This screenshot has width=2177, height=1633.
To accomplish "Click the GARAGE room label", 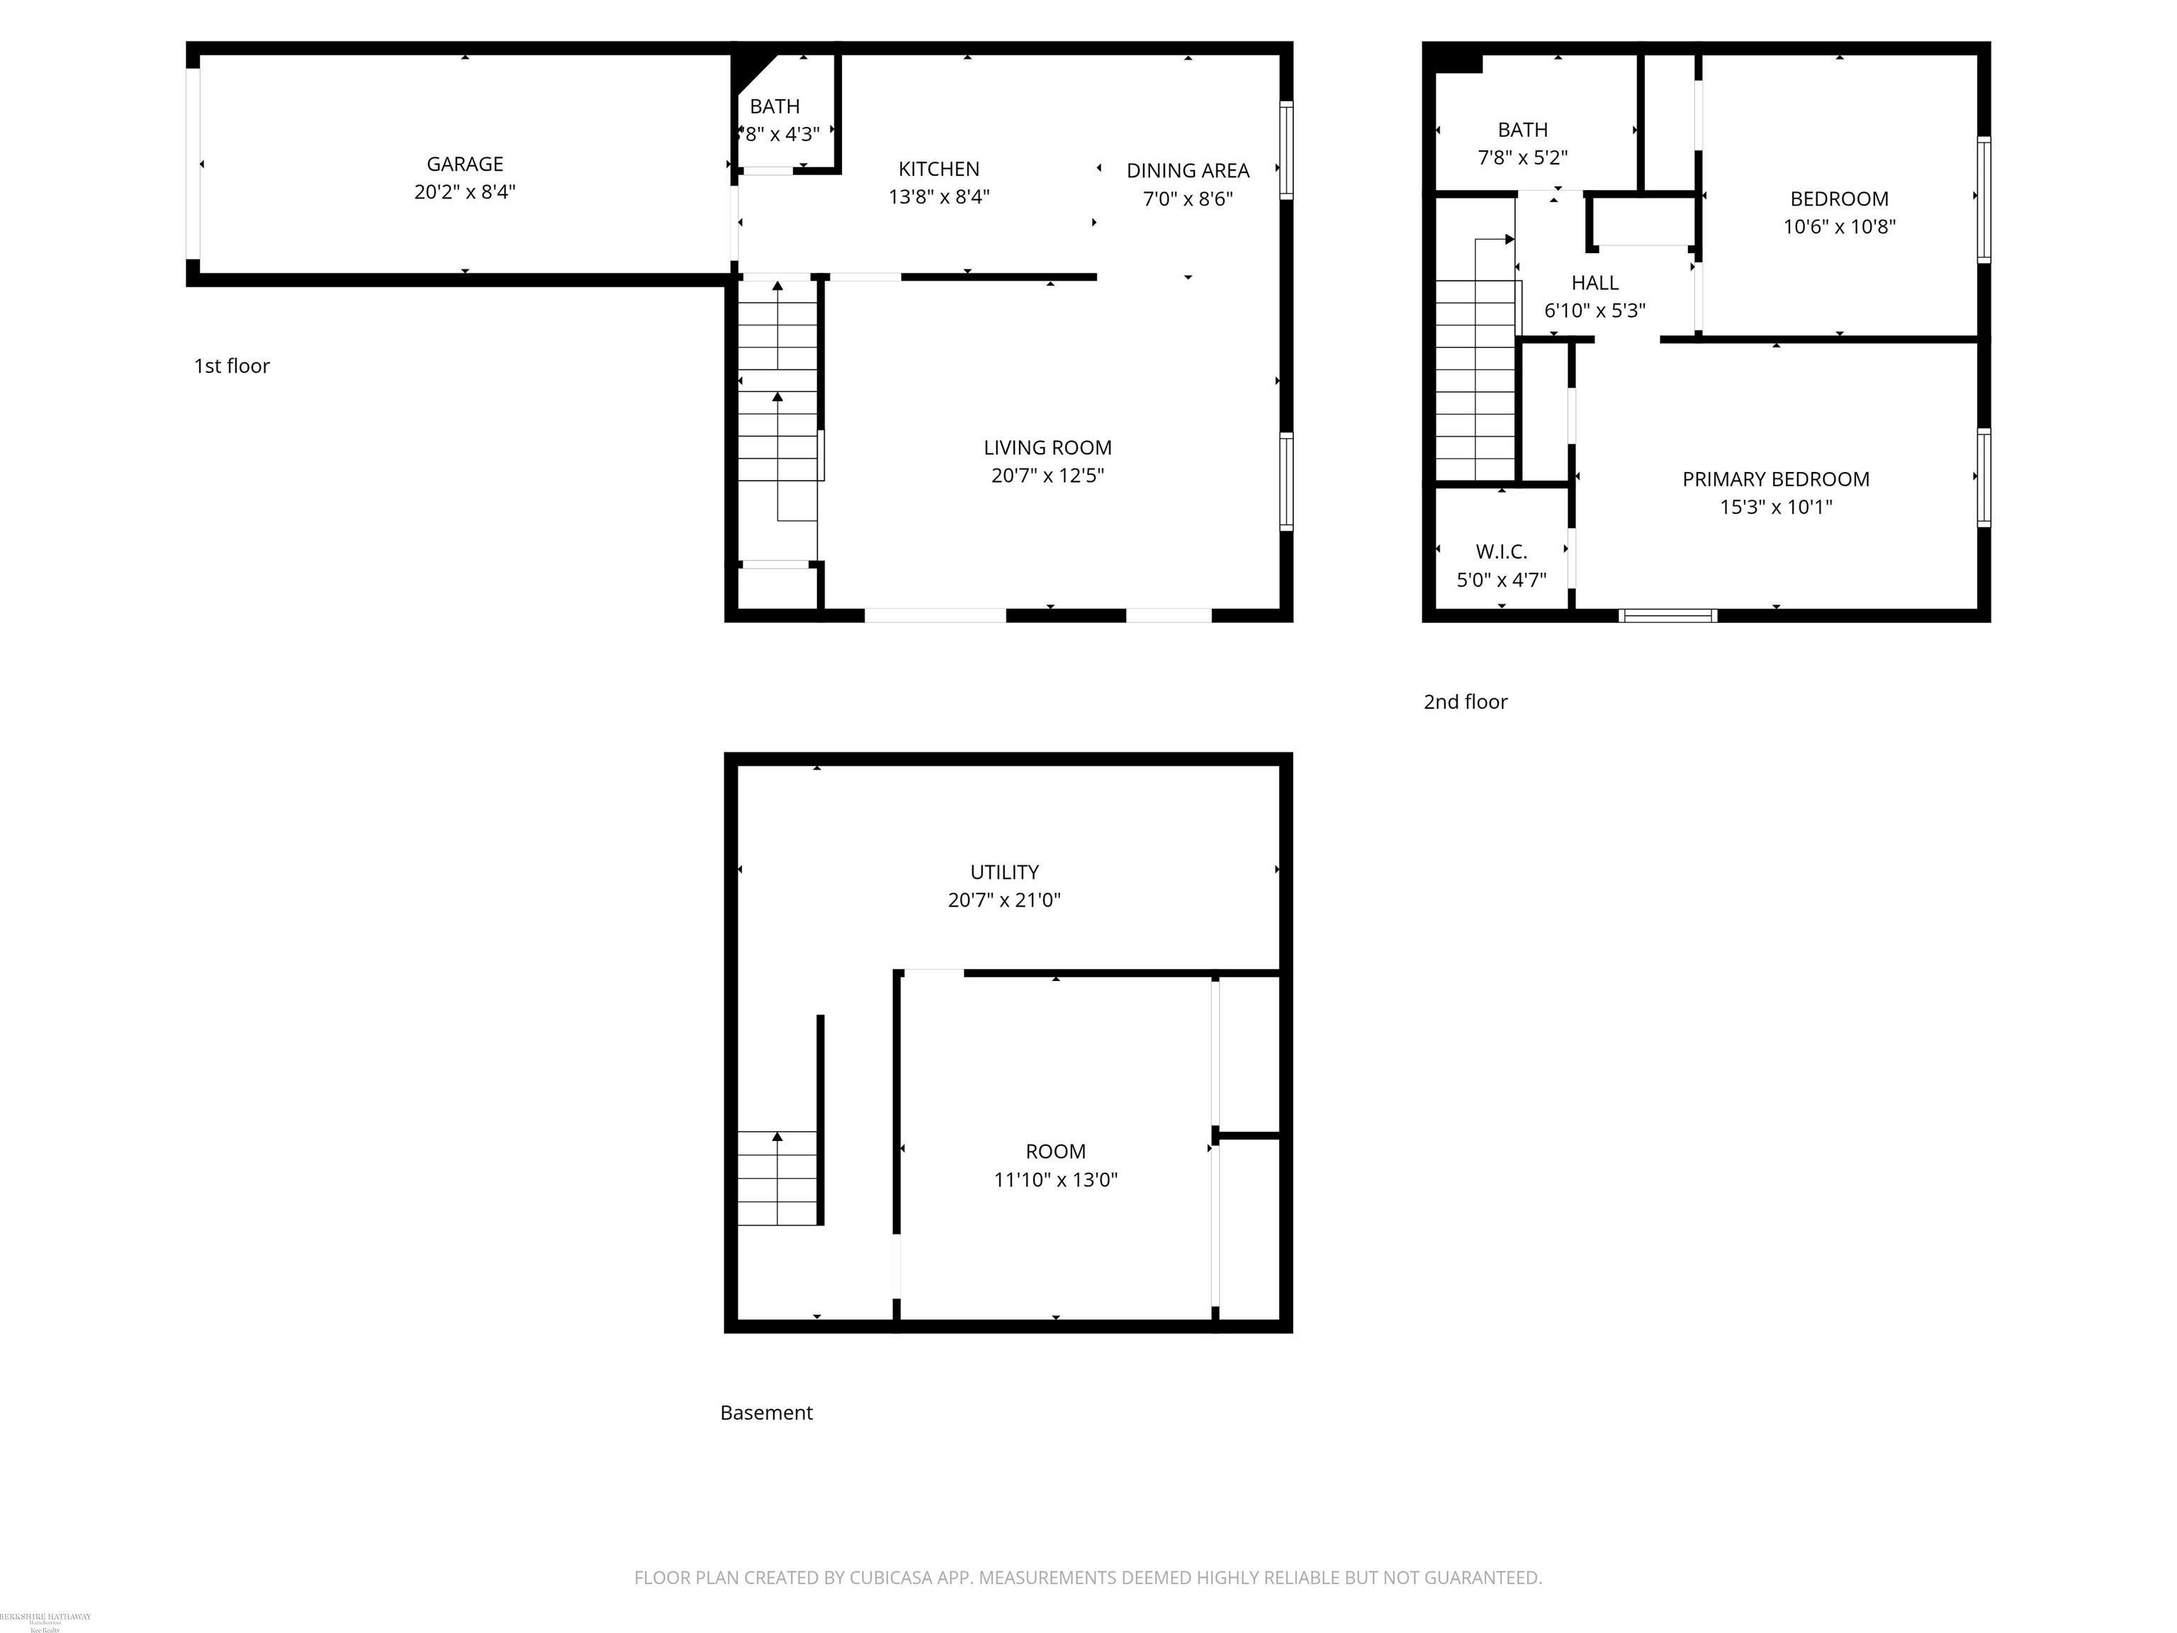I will pyautogui.click(x=465, y=164).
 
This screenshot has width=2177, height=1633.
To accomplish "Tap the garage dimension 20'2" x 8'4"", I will pyautogui.click(x=465, y=192).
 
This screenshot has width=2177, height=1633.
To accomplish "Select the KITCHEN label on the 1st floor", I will pyautogui.click(x=939, y=169).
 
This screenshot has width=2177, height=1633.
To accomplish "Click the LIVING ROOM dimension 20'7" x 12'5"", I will pyautogui.click(x=1047, y=476).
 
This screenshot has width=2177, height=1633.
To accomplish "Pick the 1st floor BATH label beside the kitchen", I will pyautogui.click(x=775, y=106).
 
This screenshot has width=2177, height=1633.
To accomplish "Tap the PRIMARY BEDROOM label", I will pyautogui.click(x=1775, y=479).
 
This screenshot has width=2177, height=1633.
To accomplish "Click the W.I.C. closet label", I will pyautogui.click(x=1501, y=552).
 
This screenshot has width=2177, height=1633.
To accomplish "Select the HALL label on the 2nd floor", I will pyautogui.click(x=1594, y=284).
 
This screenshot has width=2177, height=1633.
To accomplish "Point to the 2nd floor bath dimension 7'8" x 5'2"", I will pyautogui.click(x=1522, y=157).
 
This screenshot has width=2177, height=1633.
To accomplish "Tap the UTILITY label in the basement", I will pyautogui.click(x=1004, y=872).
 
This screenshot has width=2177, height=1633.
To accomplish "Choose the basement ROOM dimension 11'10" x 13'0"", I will pyautogui.click(x=1055, y=1180).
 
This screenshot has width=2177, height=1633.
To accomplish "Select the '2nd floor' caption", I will pyautogui.click(x=1465, y=702).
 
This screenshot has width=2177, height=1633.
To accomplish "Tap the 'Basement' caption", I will pyautogui.click(x=765, y=1413).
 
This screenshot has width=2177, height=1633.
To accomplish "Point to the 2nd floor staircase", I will pyautogui.click(x=1474, y=379).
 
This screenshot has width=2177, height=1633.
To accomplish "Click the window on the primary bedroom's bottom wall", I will pyautogui.click(x=1667, y=616).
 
